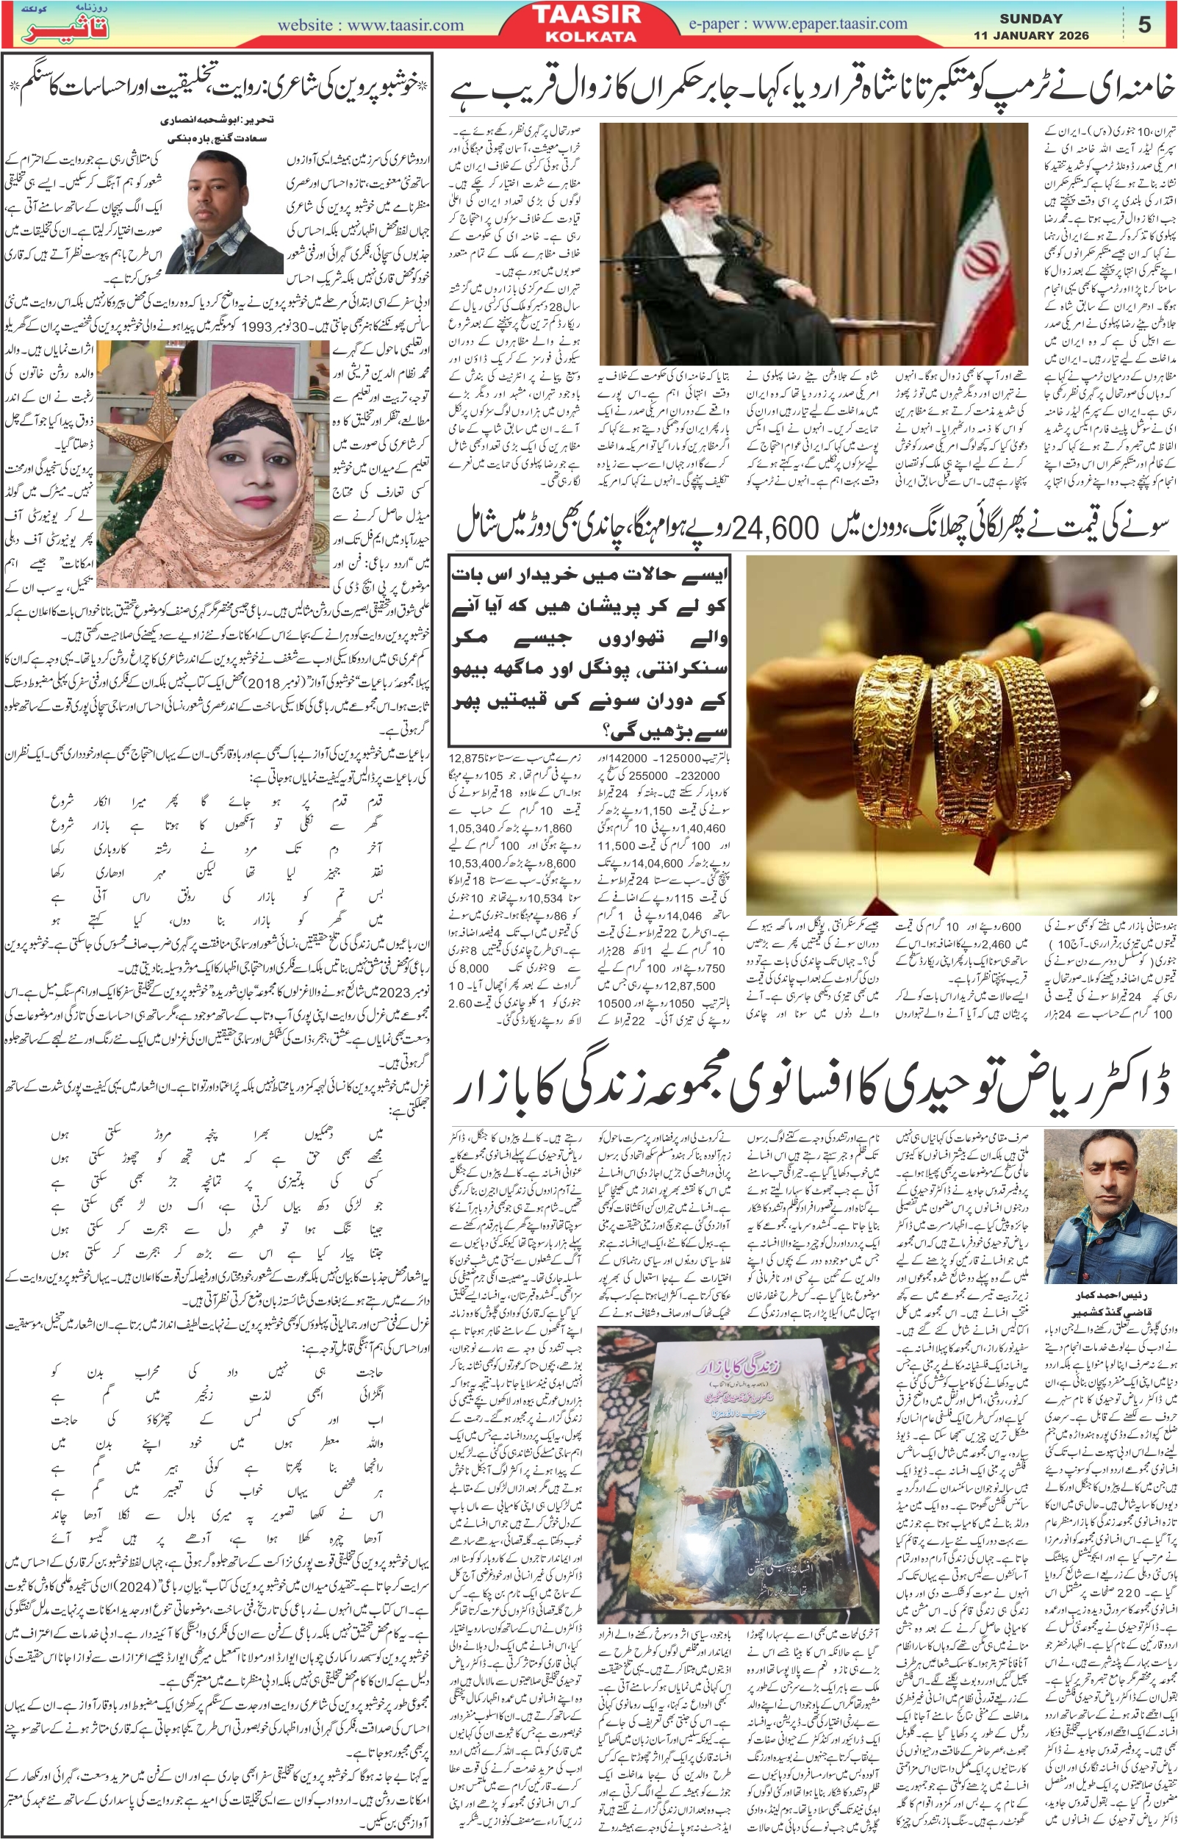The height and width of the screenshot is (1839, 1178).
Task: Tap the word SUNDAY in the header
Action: click(1030, 18)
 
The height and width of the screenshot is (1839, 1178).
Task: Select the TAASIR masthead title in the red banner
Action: click(591, 15)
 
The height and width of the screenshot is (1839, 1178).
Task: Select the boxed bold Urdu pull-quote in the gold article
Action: click(589, 653)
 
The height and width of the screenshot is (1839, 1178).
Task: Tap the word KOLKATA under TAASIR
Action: click(591, 36)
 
